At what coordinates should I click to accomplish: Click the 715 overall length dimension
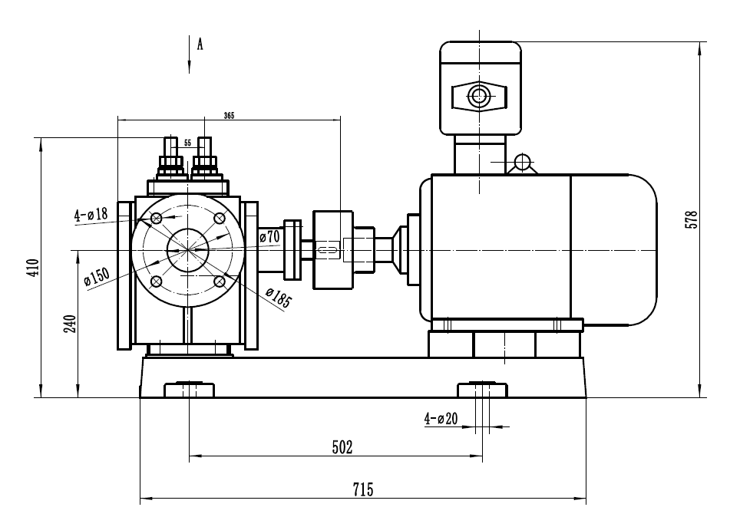[363, 489]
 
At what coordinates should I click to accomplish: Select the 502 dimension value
[342, 447]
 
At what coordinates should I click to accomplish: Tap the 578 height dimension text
[692, 222]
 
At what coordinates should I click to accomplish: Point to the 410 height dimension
[32, 266]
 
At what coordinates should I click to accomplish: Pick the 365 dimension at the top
[229, 116]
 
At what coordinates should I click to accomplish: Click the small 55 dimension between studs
[187, 143]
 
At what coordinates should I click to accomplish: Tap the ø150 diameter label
[97, 275]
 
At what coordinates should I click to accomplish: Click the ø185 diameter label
[279, 297]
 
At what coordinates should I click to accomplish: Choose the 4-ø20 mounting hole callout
[441, 419]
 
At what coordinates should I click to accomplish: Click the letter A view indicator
[200, 44]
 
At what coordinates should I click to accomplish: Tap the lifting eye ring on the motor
[523, 162]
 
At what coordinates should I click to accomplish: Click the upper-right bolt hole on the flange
[220, 217]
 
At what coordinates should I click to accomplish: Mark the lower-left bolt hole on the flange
[157, 281]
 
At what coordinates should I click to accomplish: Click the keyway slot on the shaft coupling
[328, 249]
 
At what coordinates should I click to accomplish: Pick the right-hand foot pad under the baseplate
[482, 390]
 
